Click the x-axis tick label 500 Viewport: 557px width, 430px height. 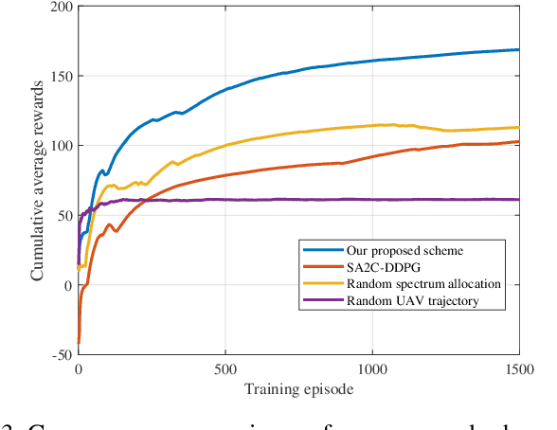(x=225, y=368)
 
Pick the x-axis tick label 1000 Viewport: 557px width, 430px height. (x=371, y=368)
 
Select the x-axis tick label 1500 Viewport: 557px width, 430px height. (x=518, y=368)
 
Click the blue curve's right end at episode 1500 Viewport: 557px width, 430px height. (x=518, y=49)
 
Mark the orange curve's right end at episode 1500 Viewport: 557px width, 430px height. (x=518, y=142)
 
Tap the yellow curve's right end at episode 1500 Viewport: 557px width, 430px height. (x=518, y=127)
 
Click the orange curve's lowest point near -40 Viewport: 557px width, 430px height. (x=79, y=342)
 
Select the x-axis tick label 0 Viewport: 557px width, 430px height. (x=78, y=368)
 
